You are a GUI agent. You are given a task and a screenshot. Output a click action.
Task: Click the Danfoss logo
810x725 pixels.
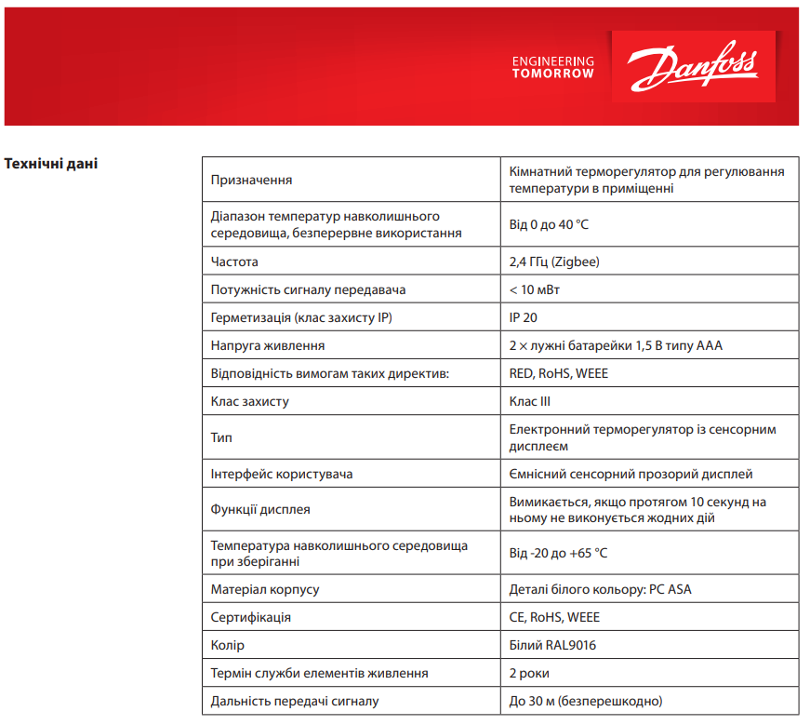(x=693, y=67)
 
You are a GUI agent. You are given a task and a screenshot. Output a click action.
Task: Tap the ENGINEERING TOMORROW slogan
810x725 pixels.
(x=552, y=67)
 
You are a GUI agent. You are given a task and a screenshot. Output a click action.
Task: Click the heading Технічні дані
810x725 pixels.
(x=52, y=165)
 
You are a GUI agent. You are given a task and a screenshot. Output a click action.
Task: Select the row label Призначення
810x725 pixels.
(x=252, y=180)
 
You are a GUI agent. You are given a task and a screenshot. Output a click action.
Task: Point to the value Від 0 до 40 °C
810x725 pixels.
(x=549, y=224)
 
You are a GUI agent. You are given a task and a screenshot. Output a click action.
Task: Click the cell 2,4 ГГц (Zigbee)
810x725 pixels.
(x=554, y=262)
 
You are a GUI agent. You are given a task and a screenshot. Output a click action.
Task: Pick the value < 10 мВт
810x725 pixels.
(x=535, y=289)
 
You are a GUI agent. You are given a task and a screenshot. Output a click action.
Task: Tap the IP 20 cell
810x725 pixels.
(x=524, y=317)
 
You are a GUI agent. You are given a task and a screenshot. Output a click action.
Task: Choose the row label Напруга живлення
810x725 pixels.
(x=268, y=345)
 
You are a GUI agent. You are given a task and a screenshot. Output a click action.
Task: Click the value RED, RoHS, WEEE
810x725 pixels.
(x=559, y=373)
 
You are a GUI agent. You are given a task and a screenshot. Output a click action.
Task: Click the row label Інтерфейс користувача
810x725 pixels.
(x=282, y=474)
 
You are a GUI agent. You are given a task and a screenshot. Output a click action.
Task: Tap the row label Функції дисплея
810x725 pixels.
(x=261, y=510)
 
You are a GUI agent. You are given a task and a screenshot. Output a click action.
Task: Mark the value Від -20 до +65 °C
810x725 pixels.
(x=558, y=553)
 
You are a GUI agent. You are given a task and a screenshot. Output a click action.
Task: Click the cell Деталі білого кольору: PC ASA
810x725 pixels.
(x=601, y=589)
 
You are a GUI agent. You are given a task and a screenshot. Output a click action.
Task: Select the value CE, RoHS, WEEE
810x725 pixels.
(x=554, y=617)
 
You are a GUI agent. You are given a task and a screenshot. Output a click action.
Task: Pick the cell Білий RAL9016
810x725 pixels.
(x=552, y=645)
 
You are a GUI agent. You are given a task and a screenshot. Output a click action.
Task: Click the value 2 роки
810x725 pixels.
(x=529, y=673)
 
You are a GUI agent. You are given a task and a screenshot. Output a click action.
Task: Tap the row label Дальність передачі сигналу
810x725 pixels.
(x=295, y=701)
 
